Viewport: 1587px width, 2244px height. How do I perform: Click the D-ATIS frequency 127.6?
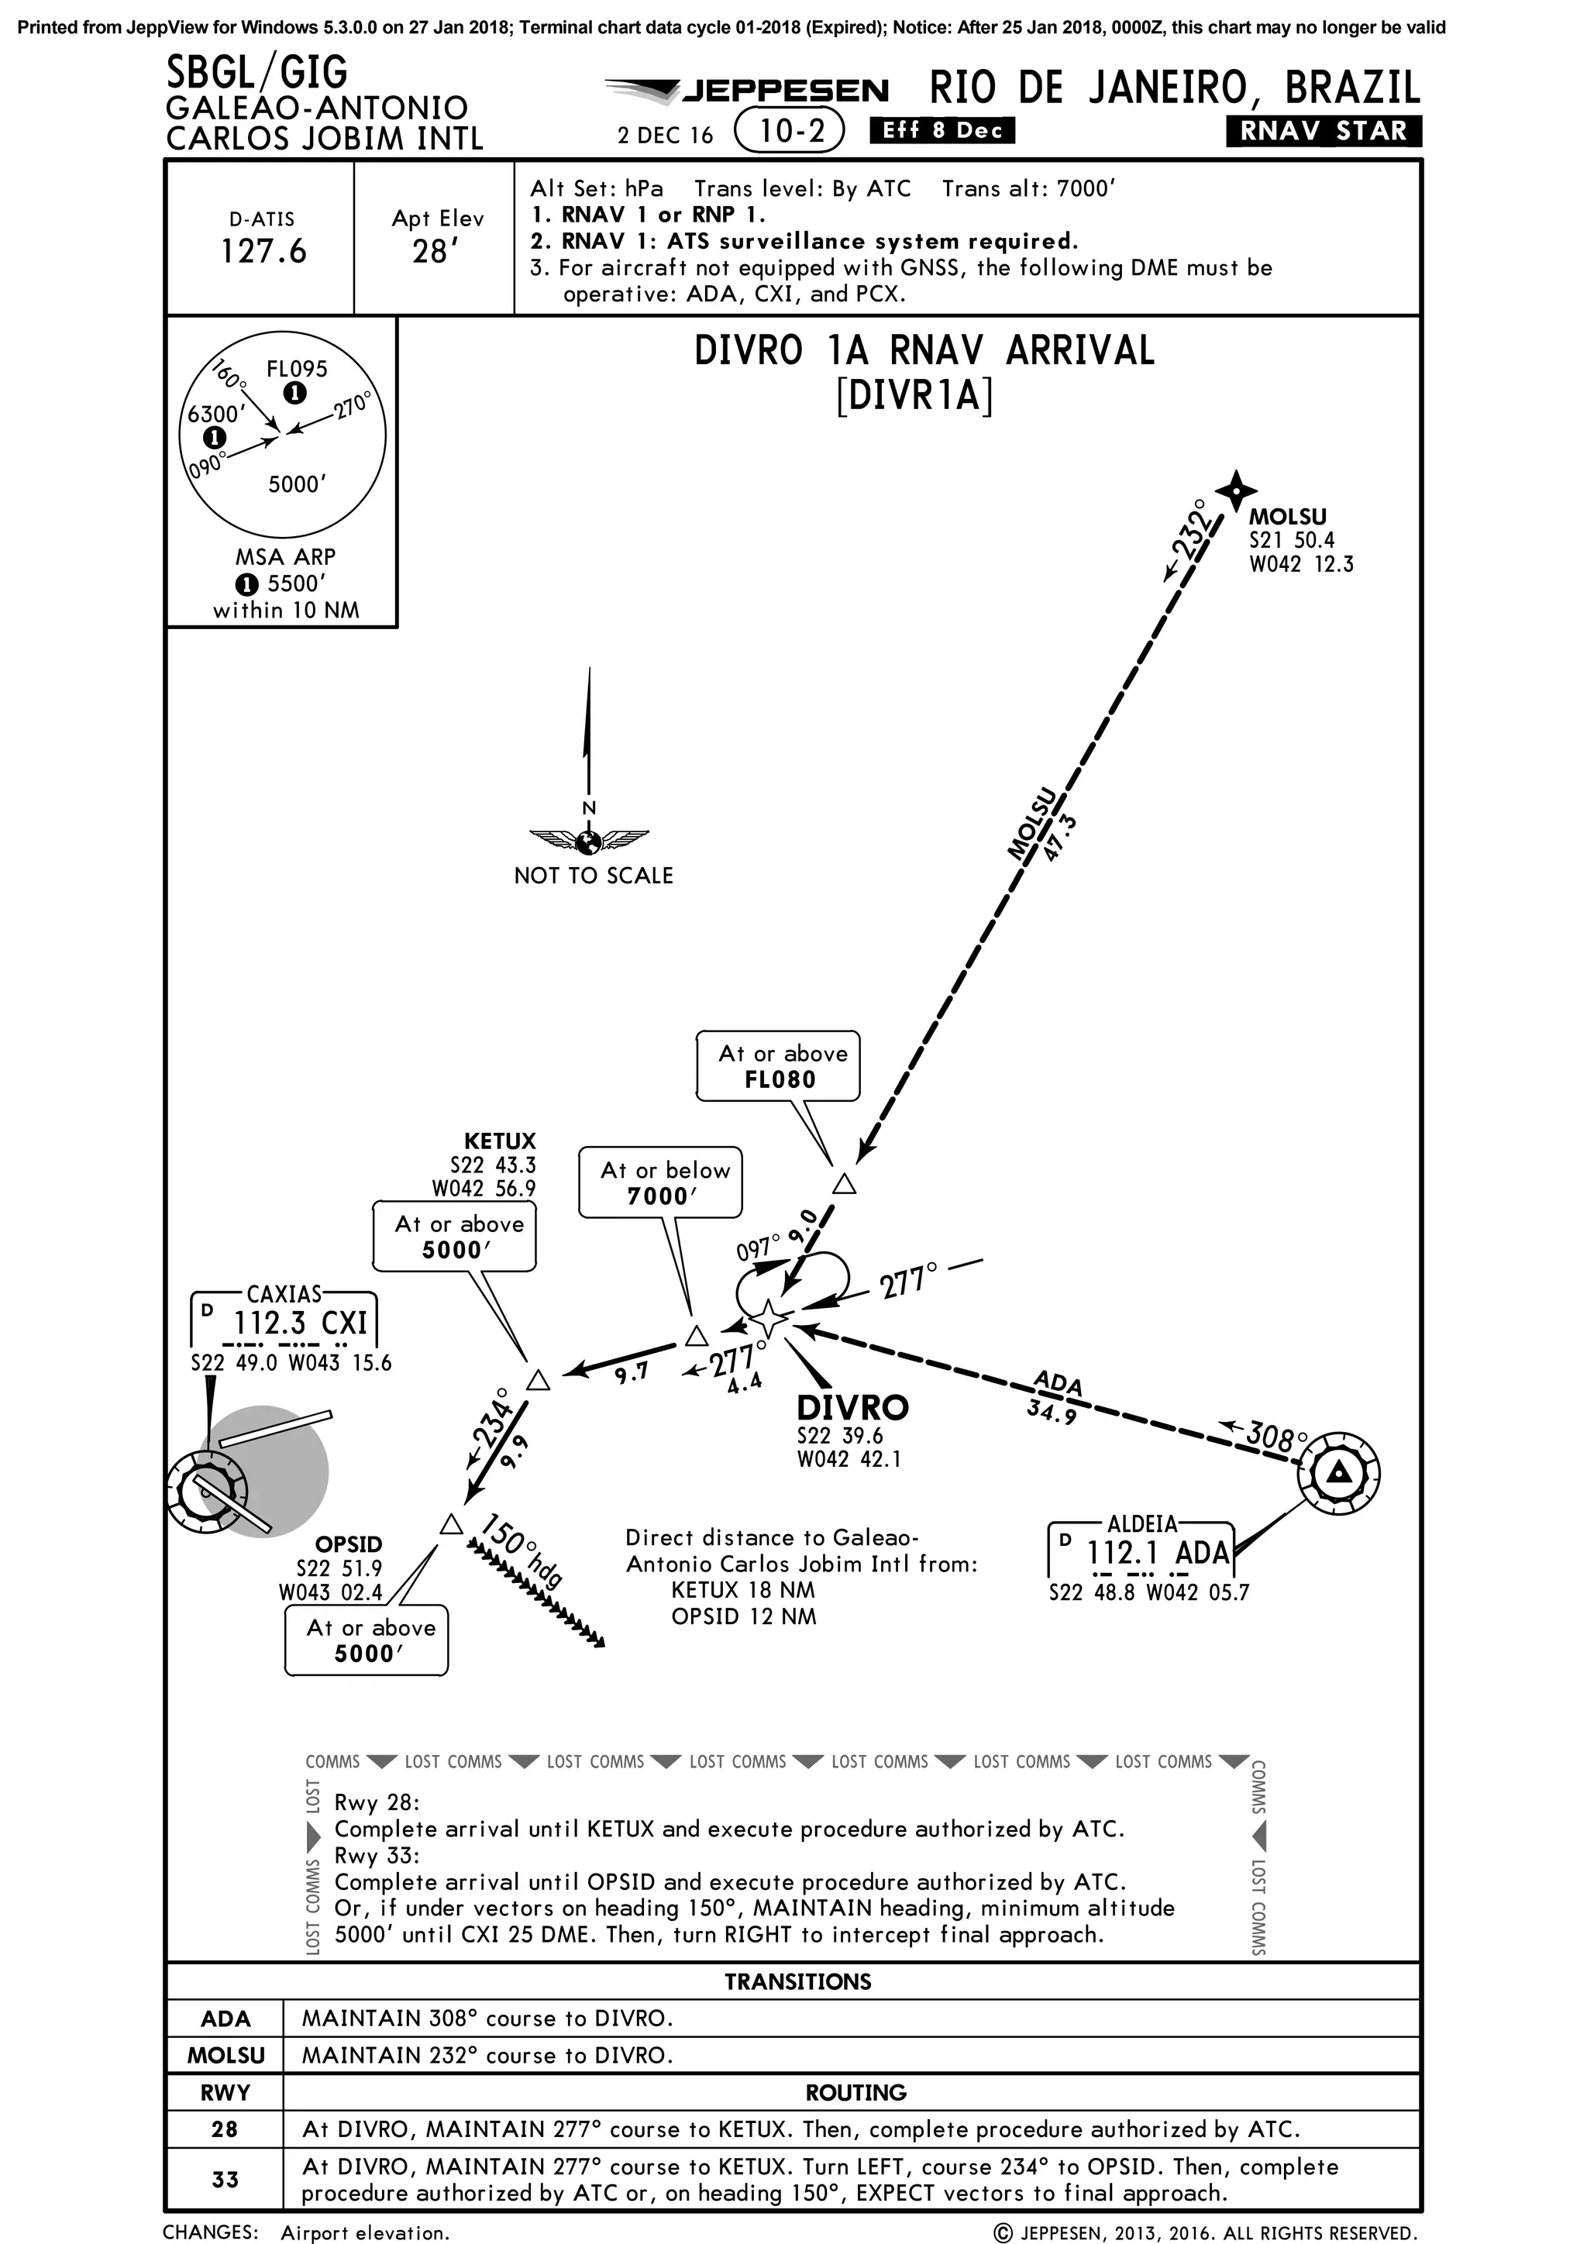pos(263,251)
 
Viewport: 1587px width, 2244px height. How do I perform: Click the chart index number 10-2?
pos(790,131)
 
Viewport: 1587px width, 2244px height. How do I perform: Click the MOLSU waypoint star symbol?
pos(1235,489)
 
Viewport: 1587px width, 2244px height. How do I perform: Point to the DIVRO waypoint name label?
pos(852,1407)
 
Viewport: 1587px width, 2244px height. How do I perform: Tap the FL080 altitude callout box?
pos(779,1066)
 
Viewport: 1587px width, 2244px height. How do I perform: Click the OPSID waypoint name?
pos(348,1544)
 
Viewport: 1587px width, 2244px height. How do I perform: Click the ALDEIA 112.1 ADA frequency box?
pos(1141,1551)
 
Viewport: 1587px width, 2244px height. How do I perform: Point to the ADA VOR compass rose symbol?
pos(1339,1472)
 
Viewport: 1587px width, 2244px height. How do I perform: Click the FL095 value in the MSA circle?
pos(297,369)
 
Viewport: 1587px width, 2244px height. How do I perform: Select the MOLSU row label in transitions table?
pos(225,2056)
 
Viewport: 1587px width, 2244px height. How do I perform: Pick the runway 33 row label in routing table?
pos(225,2180)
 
